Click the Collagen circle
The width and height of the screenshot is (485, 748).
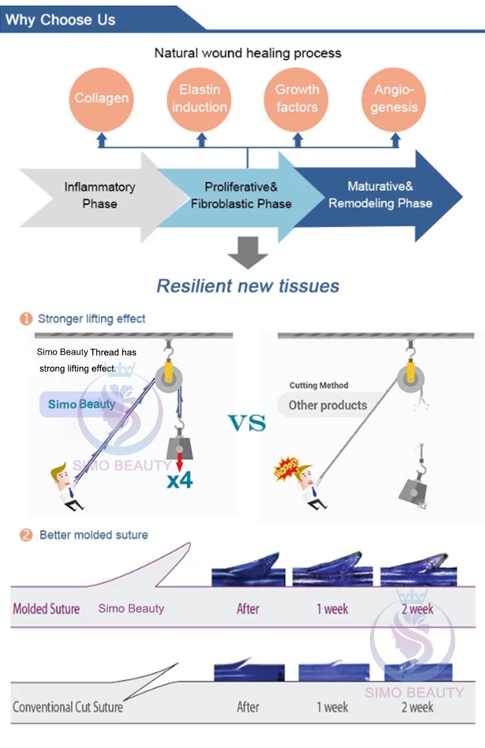[x=102, y=98]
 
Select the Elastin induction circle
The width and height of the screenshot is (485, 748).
[x=199, y=98]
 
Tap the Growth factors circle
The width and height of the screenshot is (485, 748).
[x=297, y=98]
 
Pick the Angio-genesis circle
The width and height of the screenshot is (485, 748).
[x=394, y=98]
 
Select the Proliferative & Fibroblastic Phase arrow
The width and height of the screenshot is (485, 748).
[x=241, y=195]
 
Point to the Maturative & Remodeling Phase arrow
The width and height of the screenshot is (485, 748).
[x=382, y=195]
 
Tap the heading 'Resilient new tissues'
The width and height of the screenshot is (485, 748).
[x=248, y=285]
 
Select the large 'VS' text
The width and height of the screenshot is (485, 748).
[x=247, y=424]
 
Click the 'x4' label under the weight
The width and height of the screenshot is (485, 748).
[x=180, y=479]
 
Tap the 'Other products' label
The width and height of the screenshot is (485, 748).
[x=327, y=406]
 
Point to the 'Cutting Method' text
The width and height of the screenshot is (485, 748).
[x=319, y=386]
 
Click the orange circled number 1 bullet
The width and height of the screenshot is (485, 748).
[x=26, y=319]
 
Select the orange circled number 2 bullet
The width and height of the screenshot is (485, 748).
[x=26, y=535]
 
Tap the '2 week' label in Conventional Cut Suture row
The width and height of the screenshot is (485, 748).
[x=417, y=707]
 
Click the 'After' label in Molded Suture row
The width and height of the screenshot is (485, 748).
[x=248, y=609]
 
